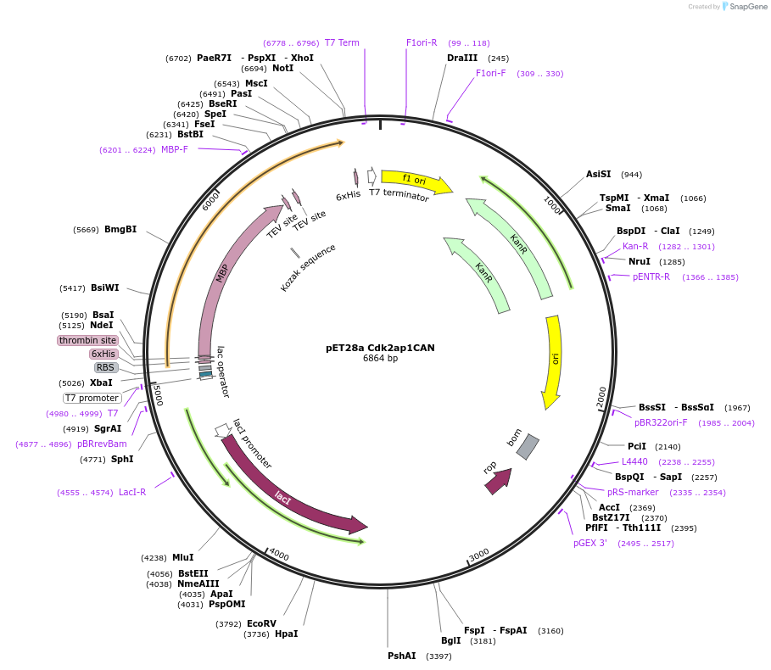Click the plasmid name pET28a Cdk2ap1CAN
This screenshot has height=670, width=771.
click(x=380, y=347)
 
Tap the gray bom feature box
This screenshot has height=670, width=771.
click(x=528, y=447)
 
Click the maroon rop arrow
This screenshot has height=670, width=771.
click(x=498, y=480)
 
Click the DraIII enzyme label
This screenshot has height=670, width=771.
click(x=462, y=59)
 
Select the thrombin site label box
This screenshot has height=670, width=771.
click(x=88, y=340)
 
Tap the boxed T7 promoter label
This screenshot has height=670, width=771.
click(x=92, y=398)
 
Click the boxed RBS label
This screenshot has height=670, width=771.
click(x=106, y=367)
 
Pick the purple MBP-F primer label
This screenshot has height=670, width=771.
click(x=174, y=150)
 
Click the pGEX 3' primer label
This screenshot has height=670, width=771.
click(x=590, y=543)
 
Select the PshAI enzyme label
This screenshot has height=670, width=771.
click(x=402, y=656)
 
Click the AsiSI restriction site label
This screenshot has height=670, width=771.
click(x=598, y=174)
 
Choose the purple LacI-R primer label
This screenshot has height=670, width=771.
click(x=132, y=492)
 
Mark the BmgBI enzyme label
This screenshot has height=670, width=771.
click(x=120, y=229)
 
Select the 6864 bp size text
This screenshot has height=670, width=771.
click(x=380, y=359)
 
